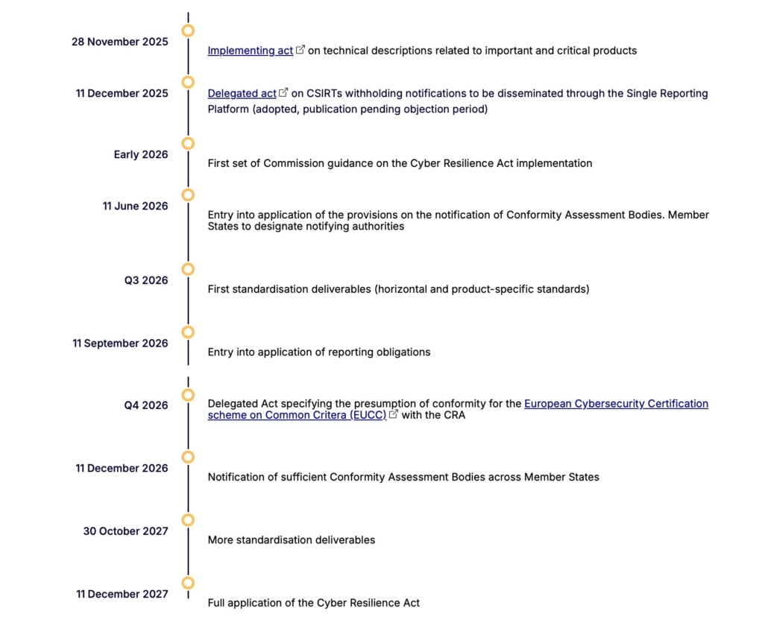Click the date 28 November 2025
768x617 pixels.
click(x=120, y=42)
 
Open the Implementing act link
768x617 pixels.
click(x=251, y=51)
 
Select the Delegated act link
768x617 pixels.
click(x=242, y=93)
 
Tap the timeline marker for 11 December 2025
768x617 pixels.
click(x=188, y=82)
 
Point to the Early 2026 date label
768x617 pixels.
click(x=141, y=155)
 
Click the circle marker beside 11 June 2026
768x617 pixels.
click(x=188, y=194)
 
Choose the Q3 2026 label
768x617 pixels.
click(x=146, y=280)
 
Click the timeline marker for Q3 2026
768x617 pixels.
click(x=188, y=269)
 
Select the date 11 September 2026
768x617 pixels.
click(x=120, y=344)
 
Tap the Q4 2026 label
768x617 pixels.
click(x=146, y=405)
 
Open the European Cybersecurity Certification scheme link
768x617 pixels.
click(x=616, y=403)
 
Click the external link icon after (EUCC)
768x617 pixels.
click(x=394, y=414)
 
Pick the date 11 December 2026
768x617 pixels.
click(x=122, y=468)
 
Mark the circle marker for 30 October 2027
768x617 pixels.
click(x=188, y=519)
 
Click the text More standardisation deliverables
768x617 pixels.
click(x=291, y=540)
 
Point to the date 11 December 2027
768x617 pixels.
click(x=122, y=594)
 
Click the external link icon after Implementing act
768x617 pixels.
click(x=300, y=50)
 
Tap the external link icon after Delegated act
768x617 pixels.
click(x=283, y=92)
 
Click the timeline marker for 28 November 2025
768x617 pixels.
click(x=188, y=31)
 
